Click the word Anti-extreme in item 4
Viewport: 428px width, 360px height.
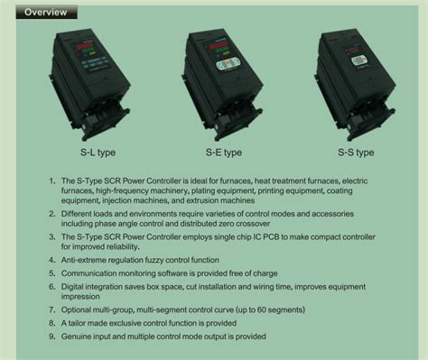[x=90, y=256]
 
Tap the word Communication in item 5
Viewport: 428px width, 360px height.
[x=98, y=267]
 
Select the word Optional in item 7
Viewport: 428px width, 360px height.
[x=84, y=308]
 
